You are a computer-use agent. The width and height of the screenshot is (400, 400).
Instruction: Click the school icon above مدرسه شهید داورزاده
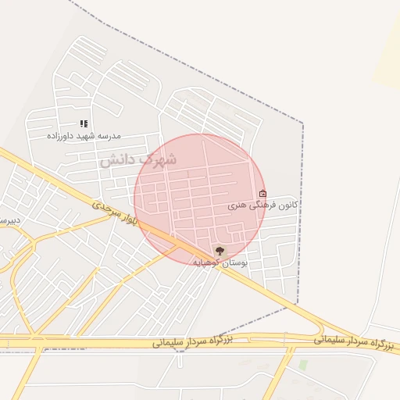click(x=84, y=123)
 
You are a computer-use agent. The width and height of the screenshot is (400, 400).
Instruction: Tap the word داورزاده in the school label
click(x=59, y=136)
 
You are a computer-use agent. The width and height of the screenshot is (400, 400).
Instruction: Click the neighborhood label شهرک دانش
click(x=137, y=159)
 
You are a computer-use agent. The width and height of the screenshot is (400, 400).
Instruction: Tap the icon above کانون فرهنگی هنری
click(x=262, y=194)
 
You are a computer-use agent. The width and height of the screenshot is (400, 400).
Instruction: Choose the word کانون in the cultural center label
click(x=287, y=205)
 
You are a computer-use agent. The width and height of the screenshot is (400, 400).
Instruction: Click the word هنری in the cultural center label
click(x=237, y=206)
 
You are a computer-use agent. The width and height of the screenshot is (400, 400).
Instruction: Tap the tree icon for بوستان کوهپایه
click(x=220, y=251)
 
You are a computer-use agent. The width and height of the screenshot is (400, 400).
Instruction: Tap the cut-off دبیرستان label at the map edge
click(x=8, y=221)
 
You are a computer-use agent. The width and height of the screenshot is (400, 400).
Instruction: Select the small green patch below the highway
click(x=303, y=365)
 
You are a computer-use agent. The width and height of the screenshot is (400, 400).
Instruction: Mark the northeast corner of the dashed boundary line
click(x=302, y=123)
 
